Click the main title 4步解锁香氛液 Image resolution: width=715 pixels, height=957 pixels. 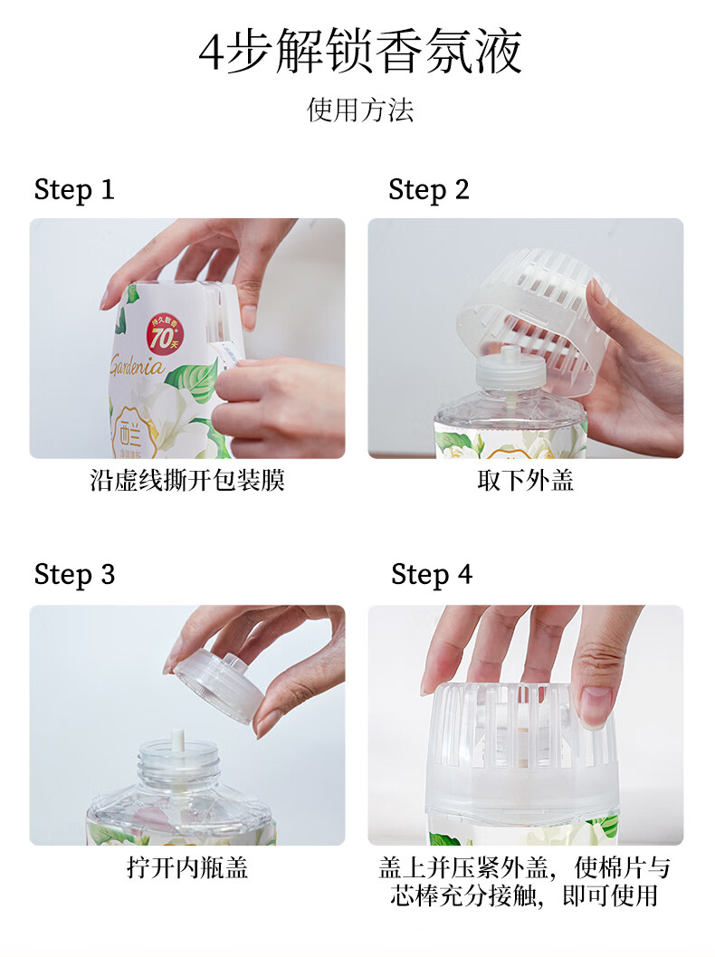pyautogui.click(x=360, y=52)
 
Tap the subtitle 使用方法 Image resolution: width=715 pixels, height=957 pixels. pyautogui.click(x=360, y=110)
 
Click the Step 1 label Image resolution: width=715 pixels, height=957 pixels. pyautogui.click(x=74, y=190)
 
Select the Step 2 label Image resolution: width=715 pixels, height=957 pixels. pyautogui.click(x=429, y=190)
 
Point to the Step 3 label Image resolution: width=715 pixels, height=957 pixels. pyautogui.click(x=74, y=575)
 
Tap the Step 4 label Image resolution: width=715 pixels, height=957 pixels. pyautogui.click(x=432, y=575)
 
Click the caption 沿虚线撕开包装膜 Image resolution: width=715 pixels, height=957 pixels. pyautogui.click(x=187, y=481)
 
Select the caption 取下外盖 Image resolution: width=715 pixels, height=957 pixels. pyautogui.click(x=525, y=481)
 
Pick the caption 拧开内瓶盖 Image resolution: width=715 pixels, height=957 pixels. pyautogui.click(x=187, y=867)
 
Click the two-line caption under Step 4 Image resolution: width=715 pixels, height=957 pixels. pyautogui.click(x=525, y=881)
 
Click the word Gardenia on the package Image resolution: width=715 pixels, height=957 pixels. pyautogui.click(x=138, y=366)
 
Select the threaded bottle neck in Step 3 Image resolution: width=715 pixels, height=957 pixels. pyautogui.click(x=178, y=761)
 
